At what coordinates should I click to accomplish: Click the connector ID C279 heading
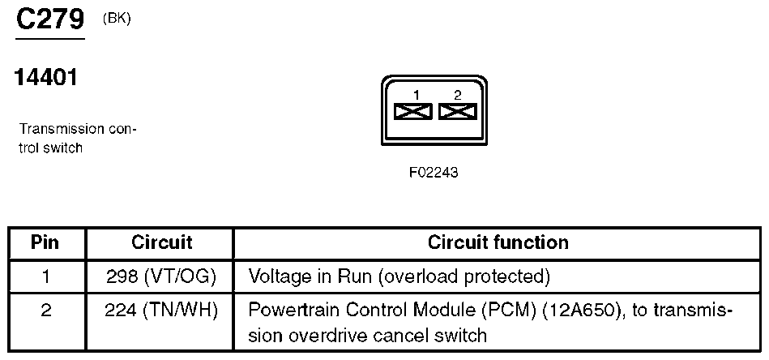point(50,19)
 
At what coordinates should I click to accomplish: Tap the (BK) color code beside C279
point(117,19)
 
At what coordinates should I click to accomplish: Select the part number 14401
point(46,77)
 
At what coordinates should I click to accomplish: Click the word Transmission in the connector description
point(62,129)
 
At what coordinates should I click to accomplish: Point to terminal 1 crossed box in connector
point(413,111)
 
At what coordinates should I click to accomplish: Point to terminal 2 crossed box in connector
point(457,111)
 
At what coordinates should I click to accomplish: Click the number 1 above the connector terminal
point(416,96)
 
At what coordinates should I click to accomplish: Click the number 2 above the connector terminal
point(458,96)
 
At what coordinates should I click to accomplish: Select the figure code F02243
point(434,173)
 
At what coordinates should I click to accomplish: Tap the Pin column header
point(45,242)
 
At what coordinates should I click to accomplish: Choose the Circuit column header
point(161,242)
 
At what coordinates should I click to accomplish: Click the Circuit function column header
point(498,242)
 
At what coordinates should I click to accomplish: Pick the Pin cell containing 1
point(45,277)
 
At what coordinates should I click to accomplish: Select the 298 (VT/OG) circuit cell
point(161,277)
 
